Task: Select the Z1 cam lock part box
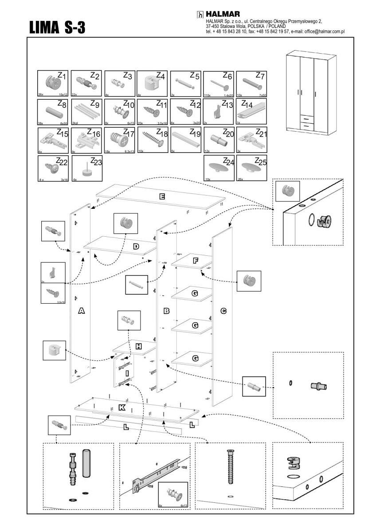click(53, 83)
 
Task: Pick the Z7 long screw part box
click(251, 83)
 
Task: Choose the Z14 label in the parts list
click(247, 105)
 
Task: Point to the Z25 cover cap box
click(251, 168)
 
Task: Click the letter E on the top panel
click(162, 196)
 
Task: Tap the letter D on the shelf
click(136, 246)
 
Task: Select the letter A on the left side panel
click(81, 311)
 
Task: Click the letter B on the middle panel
click(166, 311)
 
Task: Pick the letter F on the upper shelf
click(195, 261)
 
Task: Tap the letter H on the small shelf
click(138, 346)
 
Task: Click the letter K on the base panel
click(122, 408)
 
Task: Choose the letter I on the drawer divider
click(127, 374)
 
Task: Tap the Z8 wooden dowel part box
click(53, 111)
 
